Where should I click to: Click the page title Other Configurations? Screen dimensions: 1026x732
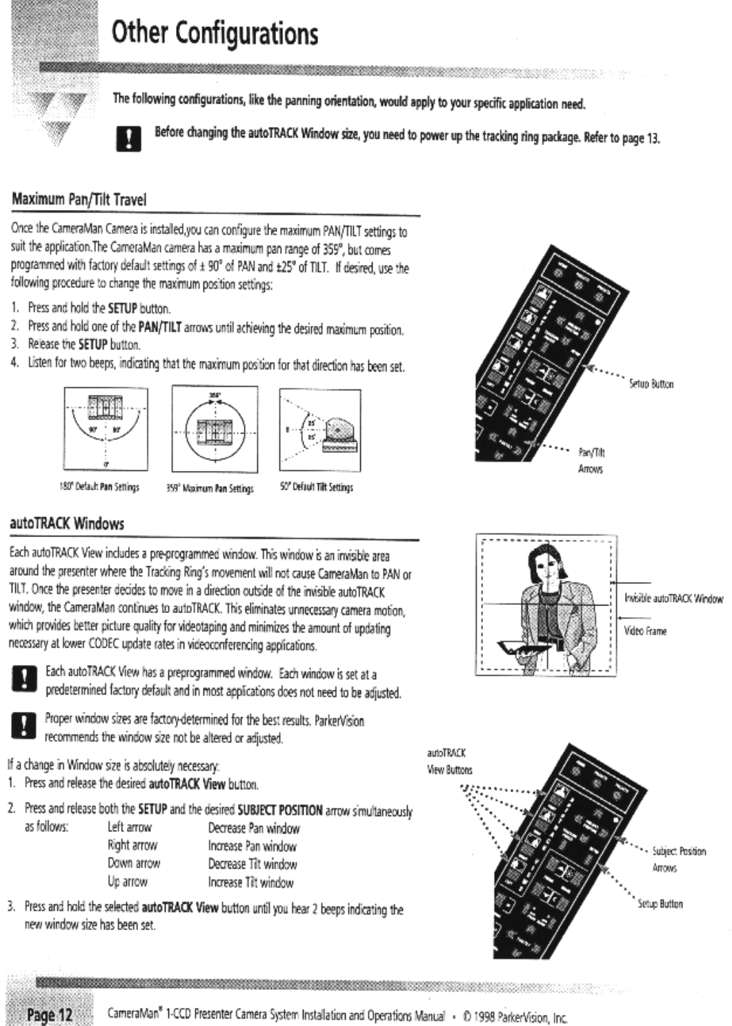pos(215,32)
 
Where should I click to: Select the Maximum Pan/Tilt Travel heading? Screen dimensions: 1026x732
pos(79,200)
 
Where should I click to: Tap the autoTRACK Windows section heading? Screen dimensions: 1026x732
pos(67,523)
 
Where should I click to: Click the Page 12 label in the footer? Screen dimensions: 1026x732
pos(49,1015)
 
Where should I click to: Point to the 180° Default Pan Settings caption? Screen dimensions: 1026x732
pos(106,487)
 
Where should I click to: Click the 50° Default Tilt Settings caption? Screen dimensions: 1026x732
pos(317,487)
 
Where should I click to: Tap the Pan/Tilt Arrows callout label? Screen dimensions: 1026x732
pos(591,461)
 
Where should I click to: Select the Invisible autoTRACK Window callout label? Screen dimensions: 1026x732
pos(673,599)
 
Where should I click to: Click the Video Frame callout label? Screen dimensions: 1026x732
pos(645,631)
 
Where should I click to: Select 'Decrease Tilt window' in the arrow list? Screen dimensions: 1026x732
pos(253,864)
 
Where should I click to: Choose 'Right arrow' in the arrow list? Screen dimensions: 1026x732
pos(132,845)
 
